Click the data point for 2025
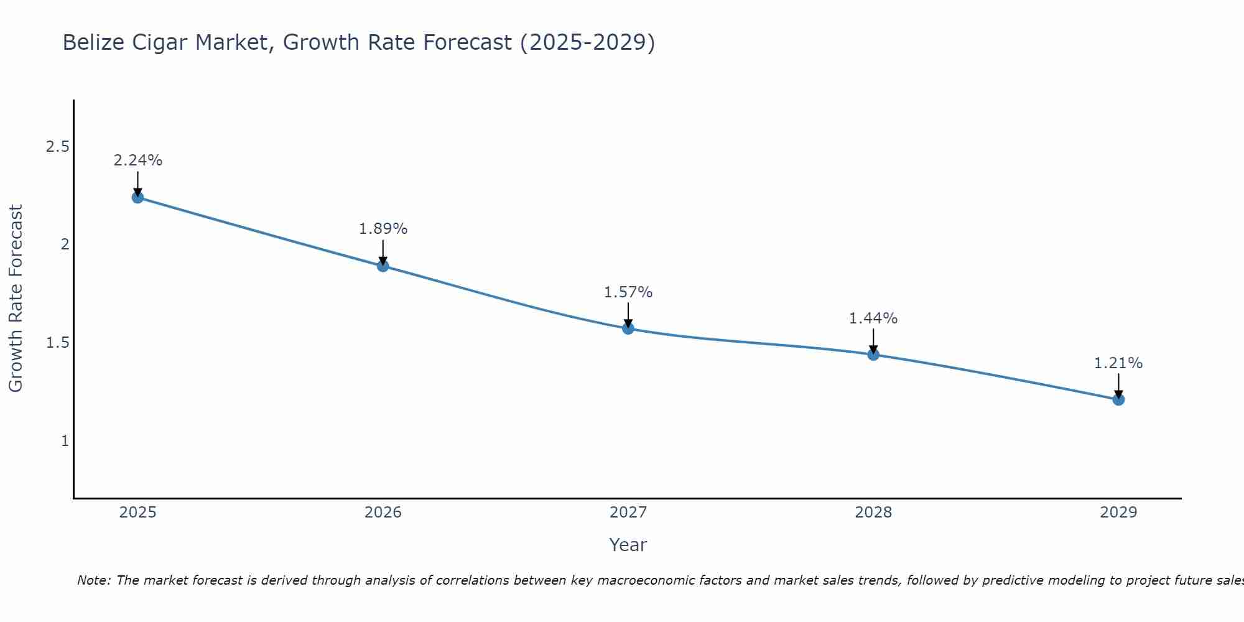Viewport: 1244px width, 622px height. point(137,198)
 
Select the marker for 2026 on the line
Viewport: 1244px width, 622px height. point(383,266)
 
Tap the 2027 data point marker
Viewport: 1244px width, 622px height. point(628,328)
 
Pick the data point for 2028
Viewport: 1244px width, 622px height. point(873,355)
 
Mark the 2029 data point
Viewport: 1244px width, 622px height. point(1118,399)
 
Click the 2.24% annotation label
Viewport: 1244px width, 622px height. point(137,160)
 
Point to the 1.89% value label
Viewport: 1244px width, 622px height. point(383,229)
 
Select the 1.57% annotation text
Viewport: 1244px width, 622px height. point(628,292)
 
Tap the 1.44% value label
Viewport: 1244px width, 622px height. point(873,318)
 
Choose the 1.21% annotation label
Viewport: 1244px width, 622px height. point(1118,363)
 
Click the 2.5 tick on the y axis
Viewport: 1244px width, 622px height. point(57,147)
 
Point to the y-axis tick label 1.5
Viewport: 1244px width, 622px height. point(57,343)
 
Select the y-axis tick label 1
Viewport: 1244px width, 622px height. point(65,441)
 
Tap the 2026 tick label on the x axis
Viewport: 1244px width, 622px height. point(383,513)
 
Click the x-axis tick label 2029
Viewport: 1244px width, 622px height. point(1118,513)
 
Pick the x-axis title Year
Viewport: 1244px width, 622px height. point(628,545)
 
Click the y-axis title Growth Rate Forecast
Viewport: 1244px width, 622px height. point(16,299)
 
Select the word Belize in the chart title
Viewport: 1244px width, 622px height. point(93,43)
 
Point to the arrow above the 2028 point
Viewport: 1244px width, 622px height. point(873,341)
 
